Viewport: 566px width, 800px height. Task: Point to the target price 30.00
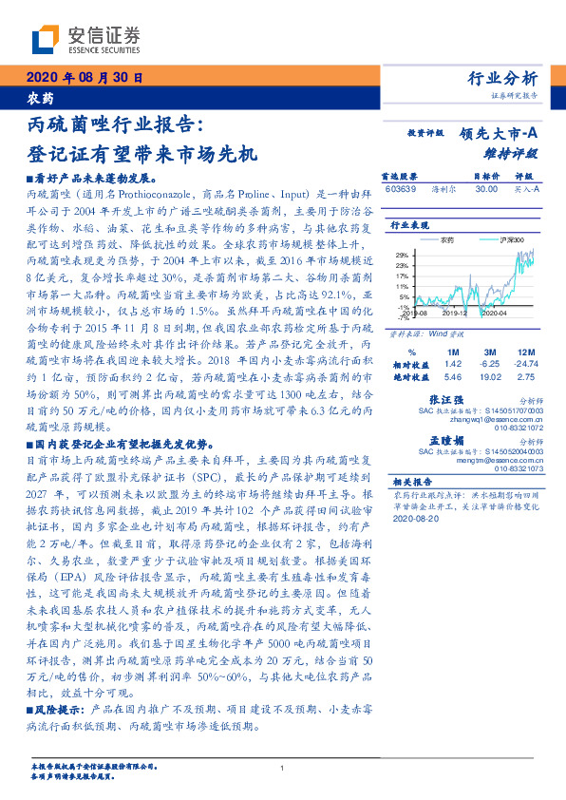(486, 189)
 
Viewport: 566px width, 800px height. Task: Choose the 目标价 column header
(485, 177)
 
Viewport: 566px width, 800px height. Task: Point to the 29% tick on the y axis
(405, 255)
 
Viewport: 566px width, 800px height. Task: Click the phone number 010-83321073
(520, 469)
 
